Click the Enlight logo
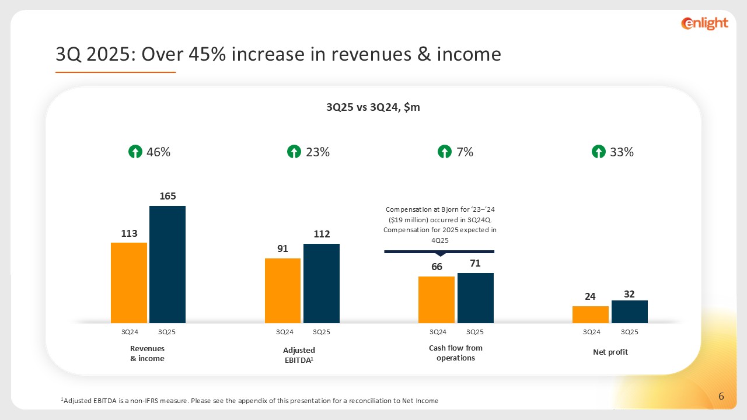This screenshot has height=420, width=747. coord(704,23)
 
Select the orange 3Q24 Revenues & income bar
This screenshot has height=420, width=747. coord(129,283)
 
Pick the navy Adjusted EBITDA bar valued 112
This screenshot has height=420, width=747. coord(322,283)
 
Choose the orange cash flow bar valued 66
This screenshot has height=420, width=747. coord(437,300)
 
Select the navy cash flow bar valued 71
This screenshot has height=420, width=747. coord(476,298)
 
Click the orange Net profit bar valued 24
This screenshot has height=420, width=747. coord(590,314)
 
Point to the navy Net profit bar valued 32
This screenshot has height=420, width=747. coord(629,311)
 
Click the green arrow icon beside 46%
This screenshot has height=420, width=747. coord(135,152)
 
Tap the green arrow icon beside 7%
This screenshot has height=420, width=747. coord(445,152)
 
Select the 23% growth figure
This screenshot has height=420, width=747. coord(318,152)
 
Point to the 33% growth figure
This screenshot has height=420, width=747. coord(622,152)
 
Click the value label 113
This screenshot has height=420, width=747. coord(129,233)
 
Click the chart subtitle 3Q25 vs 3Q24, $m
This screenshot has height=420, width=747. coord(373,107)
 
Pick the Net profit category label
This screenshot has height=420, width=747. coord(610,352)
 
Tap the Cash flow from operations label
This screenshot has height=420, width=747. coord(456,353)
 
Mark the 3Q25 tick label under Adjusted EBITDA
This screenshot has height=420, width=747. coord(322,332)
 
